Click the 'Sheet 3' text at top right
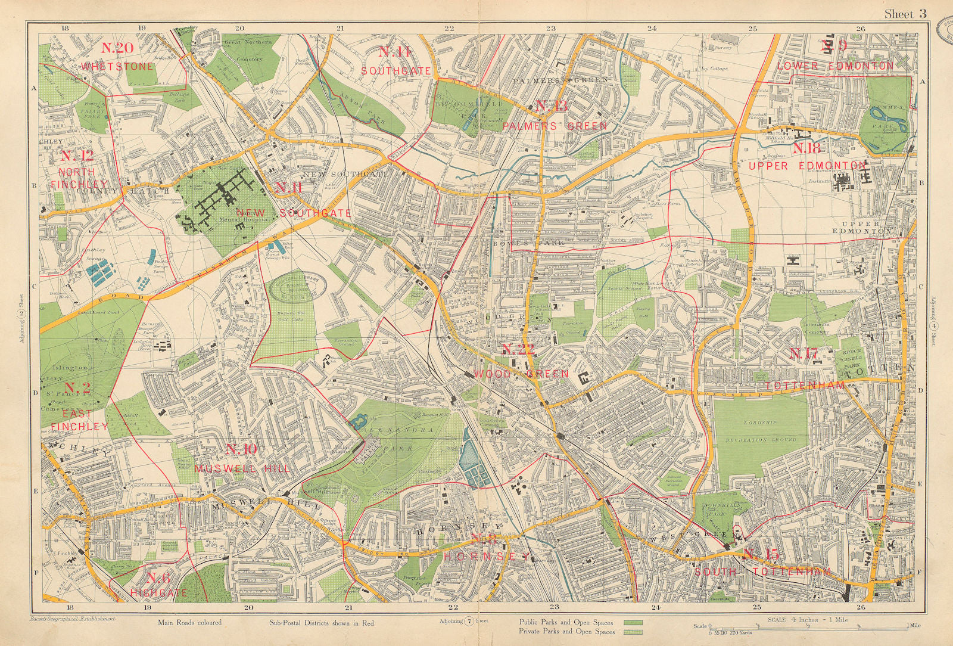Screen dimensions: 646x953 (x=905, y=14)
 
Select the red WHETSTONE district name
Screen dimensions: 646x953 (x=119, y=66)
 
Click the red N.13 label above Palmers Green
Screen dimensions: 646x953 (x=551, y=107)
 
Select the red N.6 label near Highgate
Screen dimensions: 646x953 (x=158, y=577)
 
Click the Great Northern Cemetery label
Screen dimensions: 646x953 (x=248, y=50)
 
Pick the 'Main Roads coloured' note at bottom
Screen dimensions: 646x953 (x=189, y=623)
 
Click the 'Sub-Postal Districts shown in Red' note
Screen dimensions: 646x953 (x=317, y=623)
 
